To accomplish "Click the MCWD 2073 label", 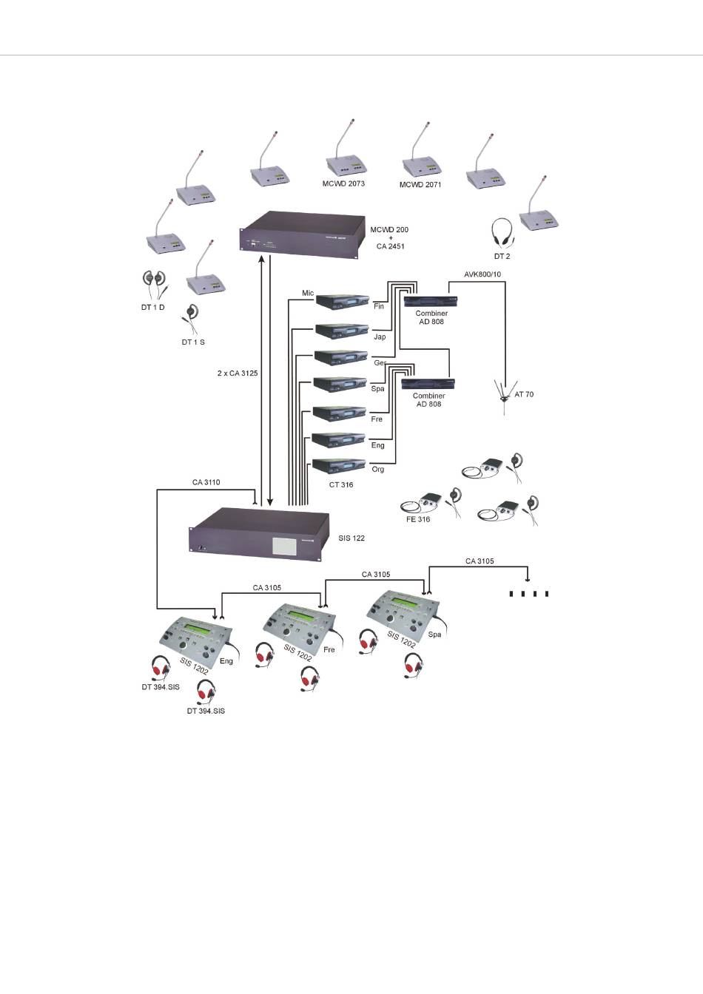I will pyautogui.click(x=343, y=183).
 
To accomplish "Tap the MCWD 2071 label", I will pyautogui.click(x=420, y=185).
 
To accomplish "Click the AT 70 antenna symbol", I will pyautogui.click(x=504, y=395).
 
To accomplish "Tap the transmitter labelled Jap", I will pyautogui.click(x=343, y=330).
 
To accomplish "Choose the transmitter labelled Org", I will pyautogui.click(x=341, y=466).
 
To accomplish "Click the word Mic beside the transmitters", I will pyautogui.click(x=308, y=294).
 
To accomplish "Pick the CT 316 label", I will pyautogui.click(x=340, y=485).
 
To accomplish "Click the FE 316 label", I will pyautogui.click(x=418, y=519).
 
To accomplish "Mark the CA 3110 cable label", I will pyautogui.click(x=206, y=482).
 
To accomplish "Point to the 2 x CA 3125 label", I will pyautogui.click(x=232, y=373).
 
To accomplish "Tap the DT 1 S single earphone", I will pyautogui.click(x=192, y=318).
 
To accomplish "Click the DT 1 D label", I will pyautogui.click(x=152, y=307).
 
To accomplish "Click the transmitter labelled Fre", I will pyautogui.click(x=340, y=412).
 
